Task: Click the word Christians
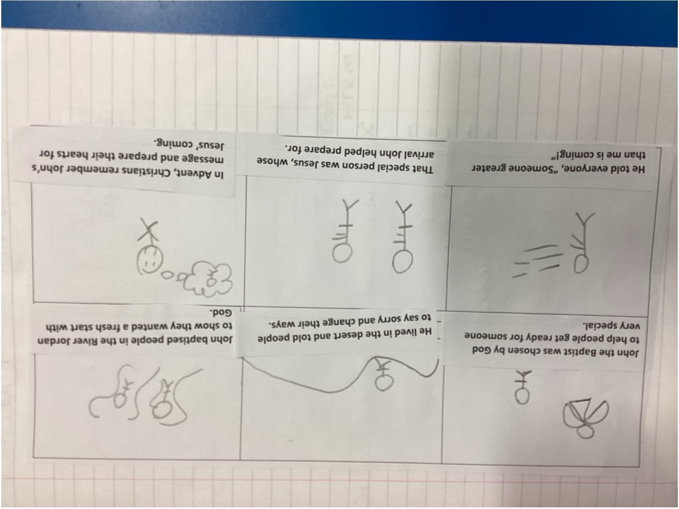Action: click(140, 172)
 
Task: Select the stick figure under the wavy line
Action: click(384, 375)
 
